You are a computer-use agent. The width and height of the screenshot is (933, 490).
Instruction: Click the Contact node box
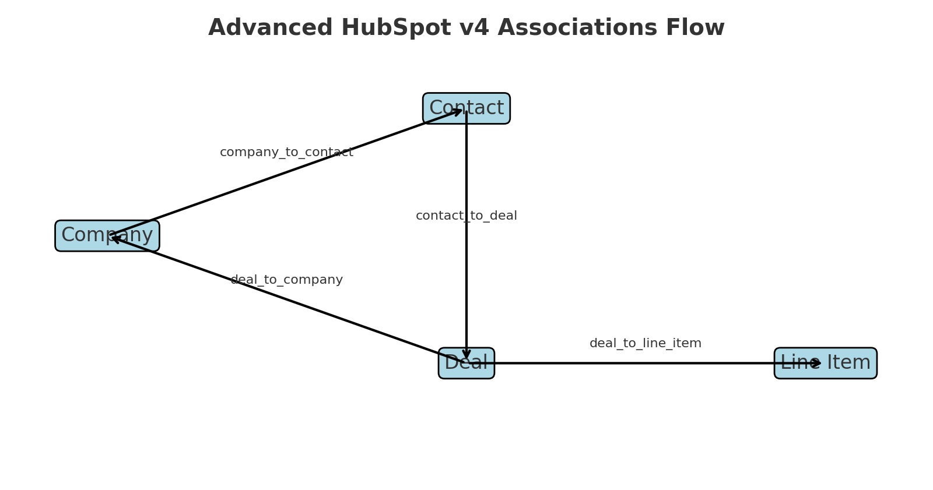pyautogui.click(x=490, y=108)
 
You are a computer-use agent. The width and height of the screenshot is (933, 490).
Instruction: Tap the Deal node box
pyautogui.click(x=480, y=363)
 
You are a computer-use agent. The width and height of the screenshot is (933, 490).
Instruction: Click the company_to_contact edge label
pyautogui.click(x=286, y=153)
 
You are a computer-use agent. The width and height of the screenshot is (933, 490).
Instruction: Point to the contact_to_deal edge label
pyautogui.click(x=466, y=216)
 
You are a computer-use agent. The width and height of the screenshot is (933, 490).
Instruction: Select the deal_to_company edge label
pyautogui.click(x=286, y=280)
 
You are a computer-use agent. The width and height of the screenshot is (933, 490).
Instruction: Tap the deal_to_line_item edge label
pyautogui.click(x=645, y=344)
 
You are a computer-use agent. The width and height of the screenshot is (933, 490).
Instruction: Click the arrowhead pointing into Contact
pyautogui.click(x=458, y=111)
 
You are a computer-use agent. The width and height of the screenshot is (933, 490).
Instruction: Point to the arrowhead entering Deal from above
pyautogui.click(x=466, y=354)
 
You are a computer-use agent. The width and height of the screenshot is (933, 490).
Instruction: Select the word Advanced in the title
pyautogui.click(x=270, y=28)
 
